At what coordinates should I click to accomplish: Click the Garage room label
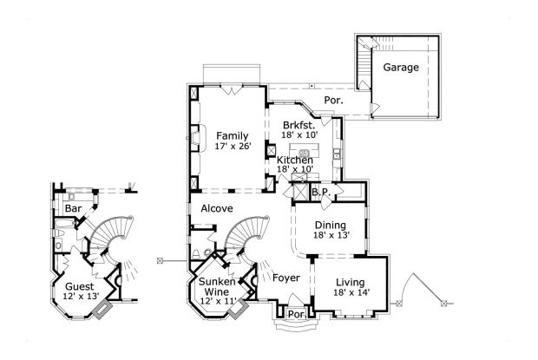401,67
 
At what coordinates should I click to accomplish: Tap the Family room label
233,135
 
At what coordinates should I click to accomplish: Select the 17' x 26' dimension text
233,147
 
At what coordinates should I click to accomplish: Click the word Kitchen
295,160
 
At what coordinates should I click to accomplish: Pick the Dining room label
331,224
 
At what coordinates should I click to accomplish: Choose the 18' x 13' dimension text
331,235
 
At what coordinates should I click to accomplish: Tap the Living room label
351,281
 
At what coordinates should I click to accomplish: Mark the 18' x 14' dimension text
351,292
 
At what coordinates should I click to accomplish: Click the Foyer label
286,278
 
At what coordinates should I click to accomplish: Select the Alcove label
217,209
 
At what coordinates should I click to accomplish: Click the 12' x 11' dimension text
218,300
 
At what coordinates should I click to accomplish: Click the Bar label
72,209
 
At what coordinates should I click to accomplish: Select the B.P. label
318,192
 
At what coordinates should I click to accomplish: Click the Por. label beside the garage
333,101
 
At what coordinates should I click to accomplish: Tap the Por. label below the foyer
296,314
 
